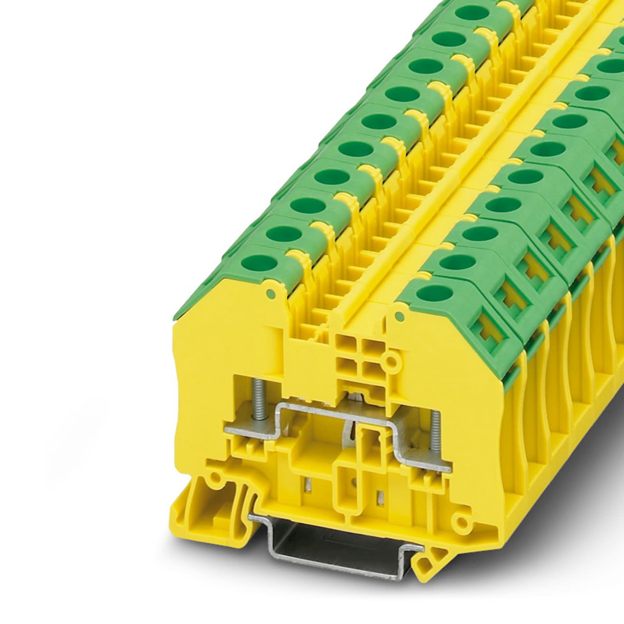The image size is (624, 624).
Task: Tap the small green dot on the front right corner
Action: (x=399, y=316)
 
